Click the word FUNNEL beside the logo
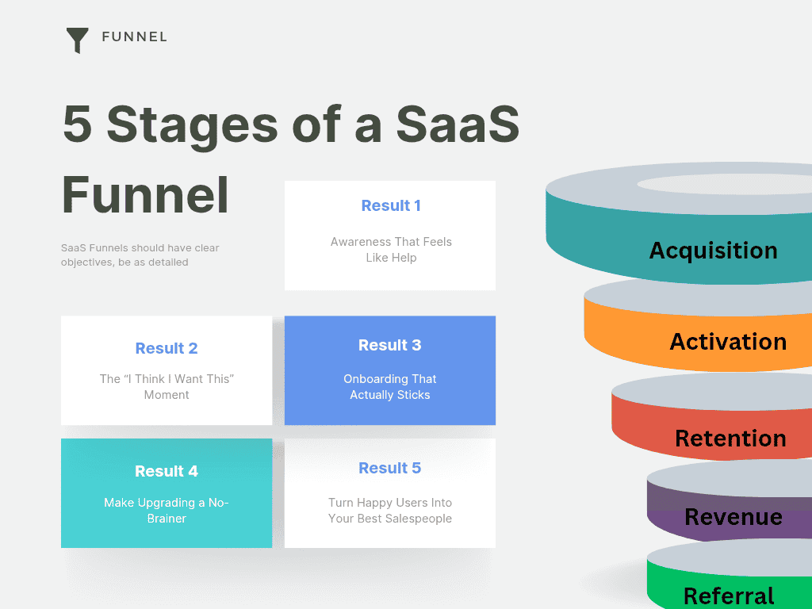coord(134,36)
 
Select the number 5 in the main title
coord(77,124)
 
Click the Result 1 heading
coord(390,205)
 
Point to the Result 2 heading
coord(167,348)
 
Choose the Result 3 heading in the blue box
coord(389,345)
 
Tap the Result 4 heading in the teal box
coord(167,471)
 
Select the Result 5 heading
coord(389,468)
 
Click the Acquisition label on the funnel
coord(713,251)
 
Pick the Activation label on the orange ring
coord(728,342)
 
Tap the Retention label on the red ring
coord(730,439)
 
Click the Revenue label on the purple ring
coord(733,517)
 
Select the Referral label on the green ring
coord(729,596)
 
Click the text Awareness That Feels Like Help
coord(391,250)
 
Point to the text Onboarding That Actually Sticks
coord(389,387)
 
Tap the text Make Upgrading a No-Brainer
coord(167,511)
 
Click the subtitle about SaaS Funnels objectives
coord(140,255)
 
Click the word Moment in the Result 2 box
coord(167,395)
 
